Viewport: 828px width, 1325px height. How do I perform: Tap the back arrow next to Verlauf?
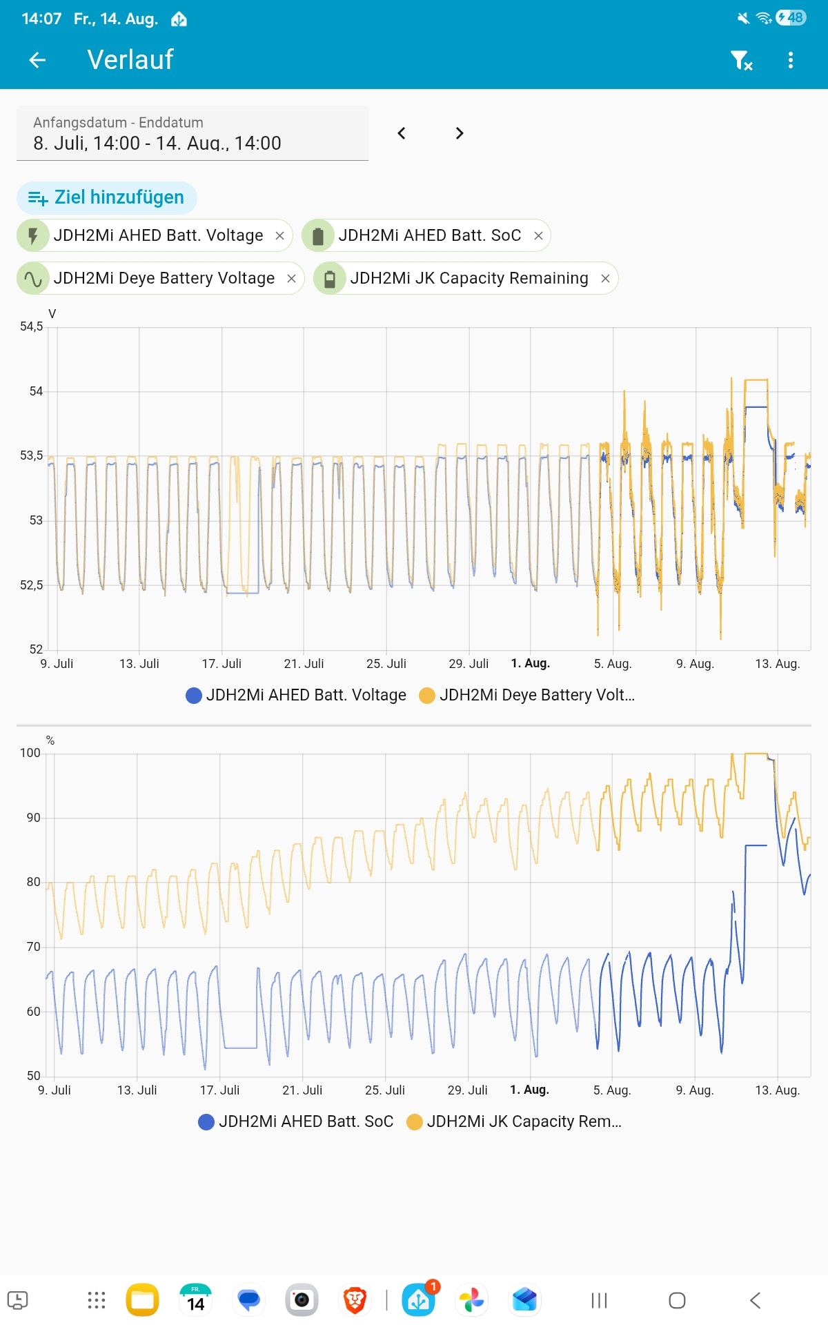[37, 61]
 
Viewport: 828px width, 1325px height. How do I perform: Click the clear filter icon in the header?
[741, 61]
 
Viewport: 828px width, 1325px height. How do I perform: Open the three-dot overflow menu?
[791, 61]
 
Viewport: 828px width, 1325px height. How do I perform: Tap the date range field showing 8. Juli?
[193, 133]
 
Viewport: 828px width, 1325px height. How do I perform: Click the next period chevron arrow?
[460, 133]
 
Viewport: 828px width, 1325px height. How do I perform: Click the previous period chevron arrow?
[402, 133]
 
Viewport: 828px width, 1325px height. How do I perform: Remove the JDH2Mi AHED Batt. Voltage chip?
[279, 236]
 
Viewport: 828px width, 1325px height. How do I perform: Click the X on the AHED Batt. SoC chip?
[538, 236]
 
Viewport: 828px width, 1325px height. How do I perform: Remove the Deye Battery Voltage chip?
[291, 278]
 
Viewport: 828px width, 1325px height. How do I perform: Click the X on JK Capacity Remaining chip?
[605, 278]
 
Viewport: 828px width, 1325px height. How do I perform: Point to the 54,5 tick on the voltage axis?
[31, 326]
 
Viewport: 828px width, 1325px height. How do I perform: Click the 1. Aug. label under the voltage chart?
[530, 663]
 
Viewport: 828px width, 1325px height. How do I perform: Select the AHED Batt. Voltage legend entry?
[296, 695]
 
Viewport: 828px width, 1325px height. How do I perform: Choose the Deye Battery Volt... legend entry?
[527, 695]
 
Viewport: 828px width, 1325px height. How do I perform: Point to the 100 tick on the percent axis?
[30, 753]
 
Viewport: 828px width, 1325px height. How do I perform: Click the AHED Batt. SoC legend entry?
[296, 1121]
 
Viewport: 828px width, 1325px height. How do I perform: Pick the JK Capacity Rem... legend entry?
[515, 1121]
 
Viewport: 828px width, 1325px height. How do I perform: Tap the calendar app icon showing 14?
[195, 1300]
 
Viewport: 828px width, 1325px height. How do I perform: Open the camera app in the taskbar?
[302, 1300]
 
